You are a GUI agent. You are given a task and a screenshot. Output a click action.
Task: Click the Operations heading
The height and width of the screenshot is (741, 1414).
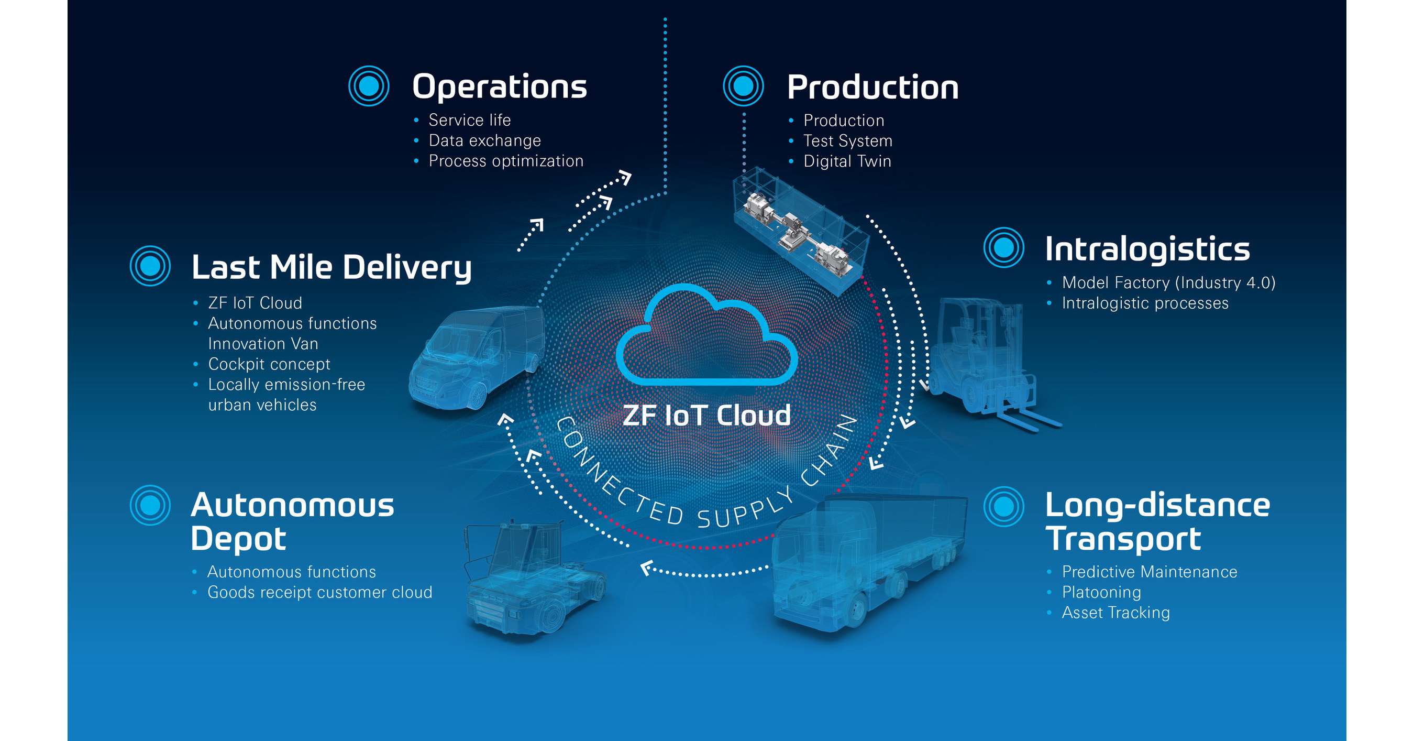499,87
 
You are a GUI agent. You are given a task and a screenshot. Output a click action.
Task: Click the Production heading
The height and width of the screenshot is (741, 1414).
873,88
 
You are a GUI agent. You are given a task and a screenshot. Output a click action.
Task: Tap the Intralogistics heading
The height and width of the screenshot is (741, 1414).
1147,249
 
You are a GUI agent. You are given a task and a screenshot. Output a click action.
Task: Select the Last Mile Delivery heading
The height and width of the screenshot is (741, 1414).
332,267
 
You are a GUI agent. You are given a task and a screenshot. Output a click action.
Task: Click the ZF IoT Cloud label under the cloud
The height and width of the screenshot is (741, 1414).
706,415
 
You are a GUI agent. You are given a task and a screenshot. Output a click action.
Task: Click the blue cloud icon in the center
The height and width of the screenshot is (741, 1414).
706,338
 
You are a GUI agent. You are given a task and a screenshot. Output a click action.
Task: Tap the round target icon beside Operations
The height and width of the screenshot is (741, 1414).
369,86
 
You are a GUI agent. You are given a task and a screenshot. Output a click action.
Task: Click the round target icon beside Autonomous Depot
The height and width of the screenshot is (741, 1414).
150,505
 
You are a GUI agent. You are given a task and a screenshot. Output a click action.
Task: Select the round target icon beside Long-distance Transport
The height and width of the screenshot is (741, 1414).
1003,506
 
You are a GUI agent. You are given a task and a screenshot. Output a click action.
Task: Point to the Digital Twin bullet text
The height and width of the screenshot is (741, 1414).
847,161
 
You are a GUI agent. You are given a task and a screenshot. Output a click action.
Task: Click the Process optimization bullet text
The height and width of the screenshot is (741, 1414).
505,161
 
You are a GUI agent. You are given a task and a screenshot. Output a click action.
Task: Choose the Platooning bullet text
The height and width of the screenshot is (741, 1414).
1101,592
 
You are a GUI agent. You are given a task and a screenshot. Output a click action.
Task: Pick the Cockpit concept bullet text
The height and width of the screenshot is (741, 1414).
269,364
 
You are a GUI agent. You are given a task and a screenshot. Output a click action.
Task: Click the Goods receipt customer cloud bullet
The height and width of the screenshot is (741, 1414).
319,592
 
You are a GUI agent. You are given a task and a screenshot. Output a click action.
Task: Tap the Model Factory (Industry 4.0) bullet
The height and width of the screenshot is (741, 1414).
1168,283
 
